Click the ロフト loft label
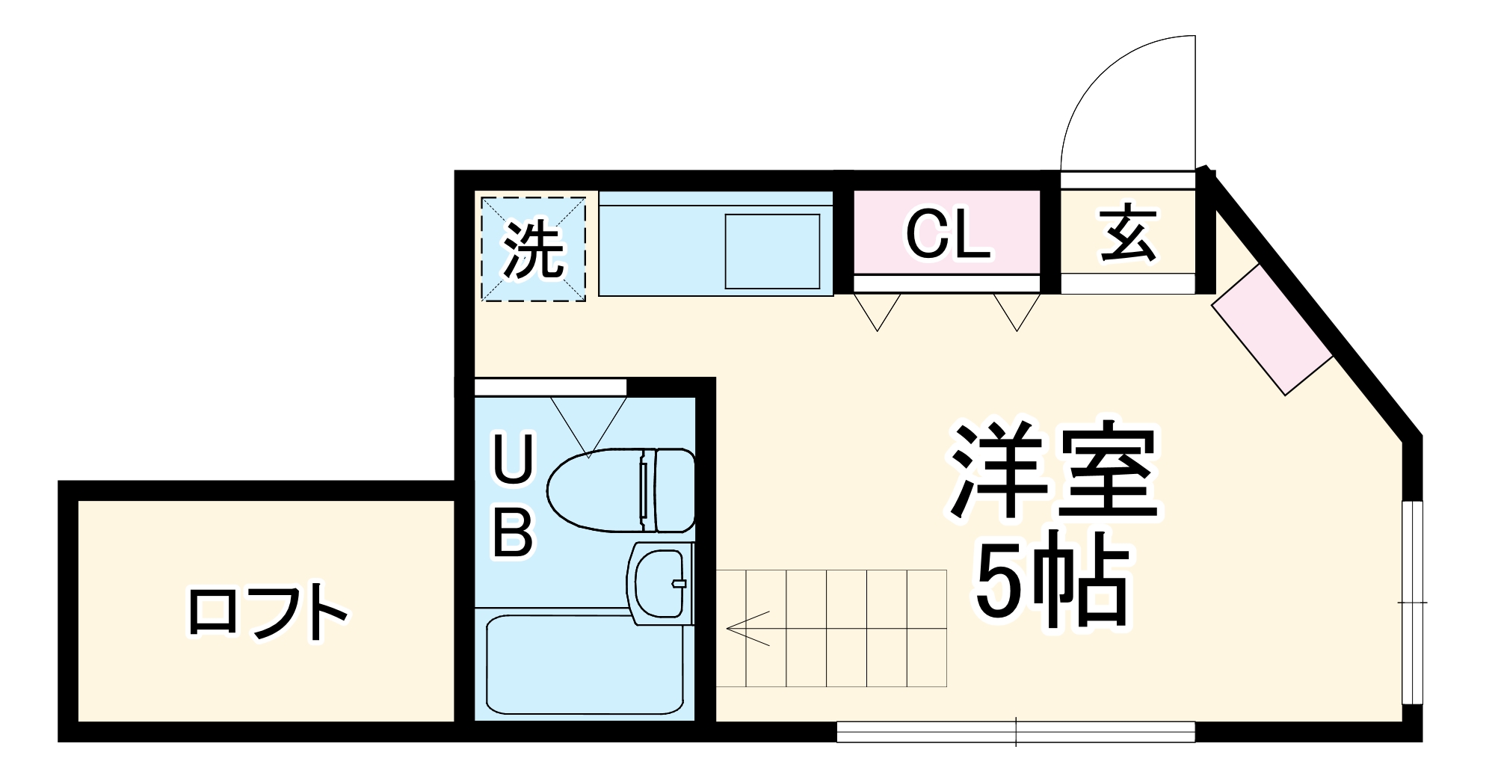click(x=267, y=612)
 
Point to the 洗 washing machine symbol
click(x=532, y=249)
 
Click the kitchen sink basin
click(x=773, y=250)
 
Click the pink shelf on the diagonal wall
click(x=1271, y=330)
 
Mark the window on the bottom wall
click(x=1015, y=732)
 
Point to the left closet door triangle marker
click(x=878, y=310)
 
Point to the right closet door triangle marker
click(x=1016, y=310)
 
